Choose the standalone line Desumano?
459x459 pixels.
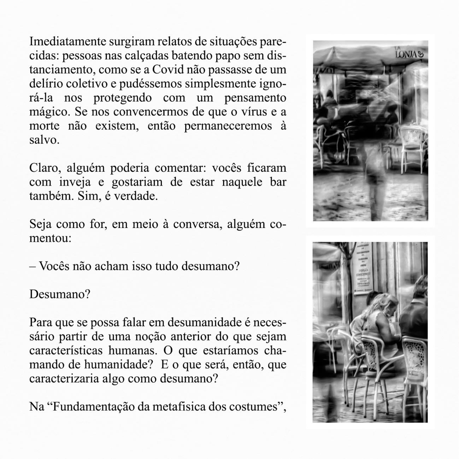(x=60, y=294)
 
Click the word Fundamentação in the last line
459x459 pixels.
(x=93, y=407)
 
